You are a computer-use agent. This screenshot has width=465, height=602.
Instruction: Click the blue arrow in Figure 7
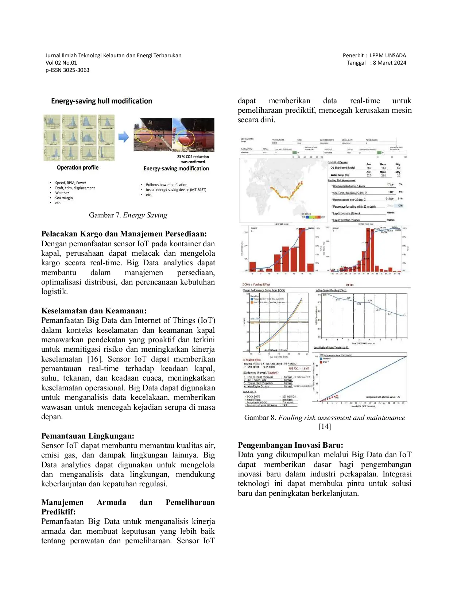pyautogui.click(x=124, y=137)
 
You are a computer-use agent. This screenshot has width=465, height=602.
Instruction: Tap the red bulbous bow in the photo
pyautogui.click(x=186, y=139)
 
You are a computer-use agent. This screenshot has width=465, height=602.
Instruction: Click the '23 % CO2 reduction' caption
pyautogui.click(x=193, y=157)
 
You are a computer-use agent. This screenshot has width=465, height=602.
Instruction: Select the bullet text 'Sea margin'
pyautogui.click(x=64, y=198)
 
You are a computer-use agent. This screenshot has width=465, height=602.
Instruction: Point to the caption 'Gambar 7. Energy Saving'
pyautogui.click(x=128, y=215)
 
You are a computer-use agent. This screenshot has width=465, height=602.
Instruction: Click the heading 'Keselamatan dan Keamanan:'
pyautogui.click(x=94, y=311)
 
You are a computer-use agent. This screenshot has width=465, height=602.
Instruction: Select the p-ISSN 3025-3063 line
pyautogui.click(x=67, y=70)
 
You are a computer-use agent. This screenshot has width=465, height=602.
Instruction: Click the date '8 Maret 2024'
pyautogui.click(x=390, y=63)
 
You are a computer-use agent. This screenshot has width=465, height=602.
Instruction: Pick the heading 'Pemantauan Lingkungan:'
pyautogui.click(x=88, y=436)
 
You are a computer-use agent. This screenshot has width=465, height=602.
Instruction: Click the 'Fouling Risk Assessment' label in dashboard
pyautogui.click(x=341, y=180)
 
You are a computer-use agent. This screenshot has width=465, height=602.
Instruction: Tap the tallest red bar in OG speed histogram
pyautogui.click(x=302, y=250)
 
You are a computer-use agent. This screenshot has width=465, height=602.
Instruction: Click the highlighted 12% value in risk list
pyautogui.click(x=400, y=206)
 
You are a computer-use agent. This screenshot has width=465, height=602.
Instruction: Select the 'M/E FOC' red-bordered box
pyautogui.click(x=299, y=368)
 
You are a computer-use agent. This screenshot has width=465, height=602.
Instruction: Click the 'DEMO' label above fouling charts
pyautogui.click(x=349, y=285)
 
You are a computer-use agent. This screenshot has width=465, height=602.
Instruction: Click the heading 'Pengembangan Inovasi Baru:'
pyautogui.click(x=290, y=445)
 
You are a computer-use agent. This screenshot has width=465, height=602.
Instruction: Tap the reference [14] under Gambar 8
pyautogui.click(x=325, y=426)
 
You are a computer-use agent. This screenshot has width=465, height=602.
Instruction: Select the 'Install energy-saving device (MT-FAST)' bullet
pyautogui.click(x=176, y=190)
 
